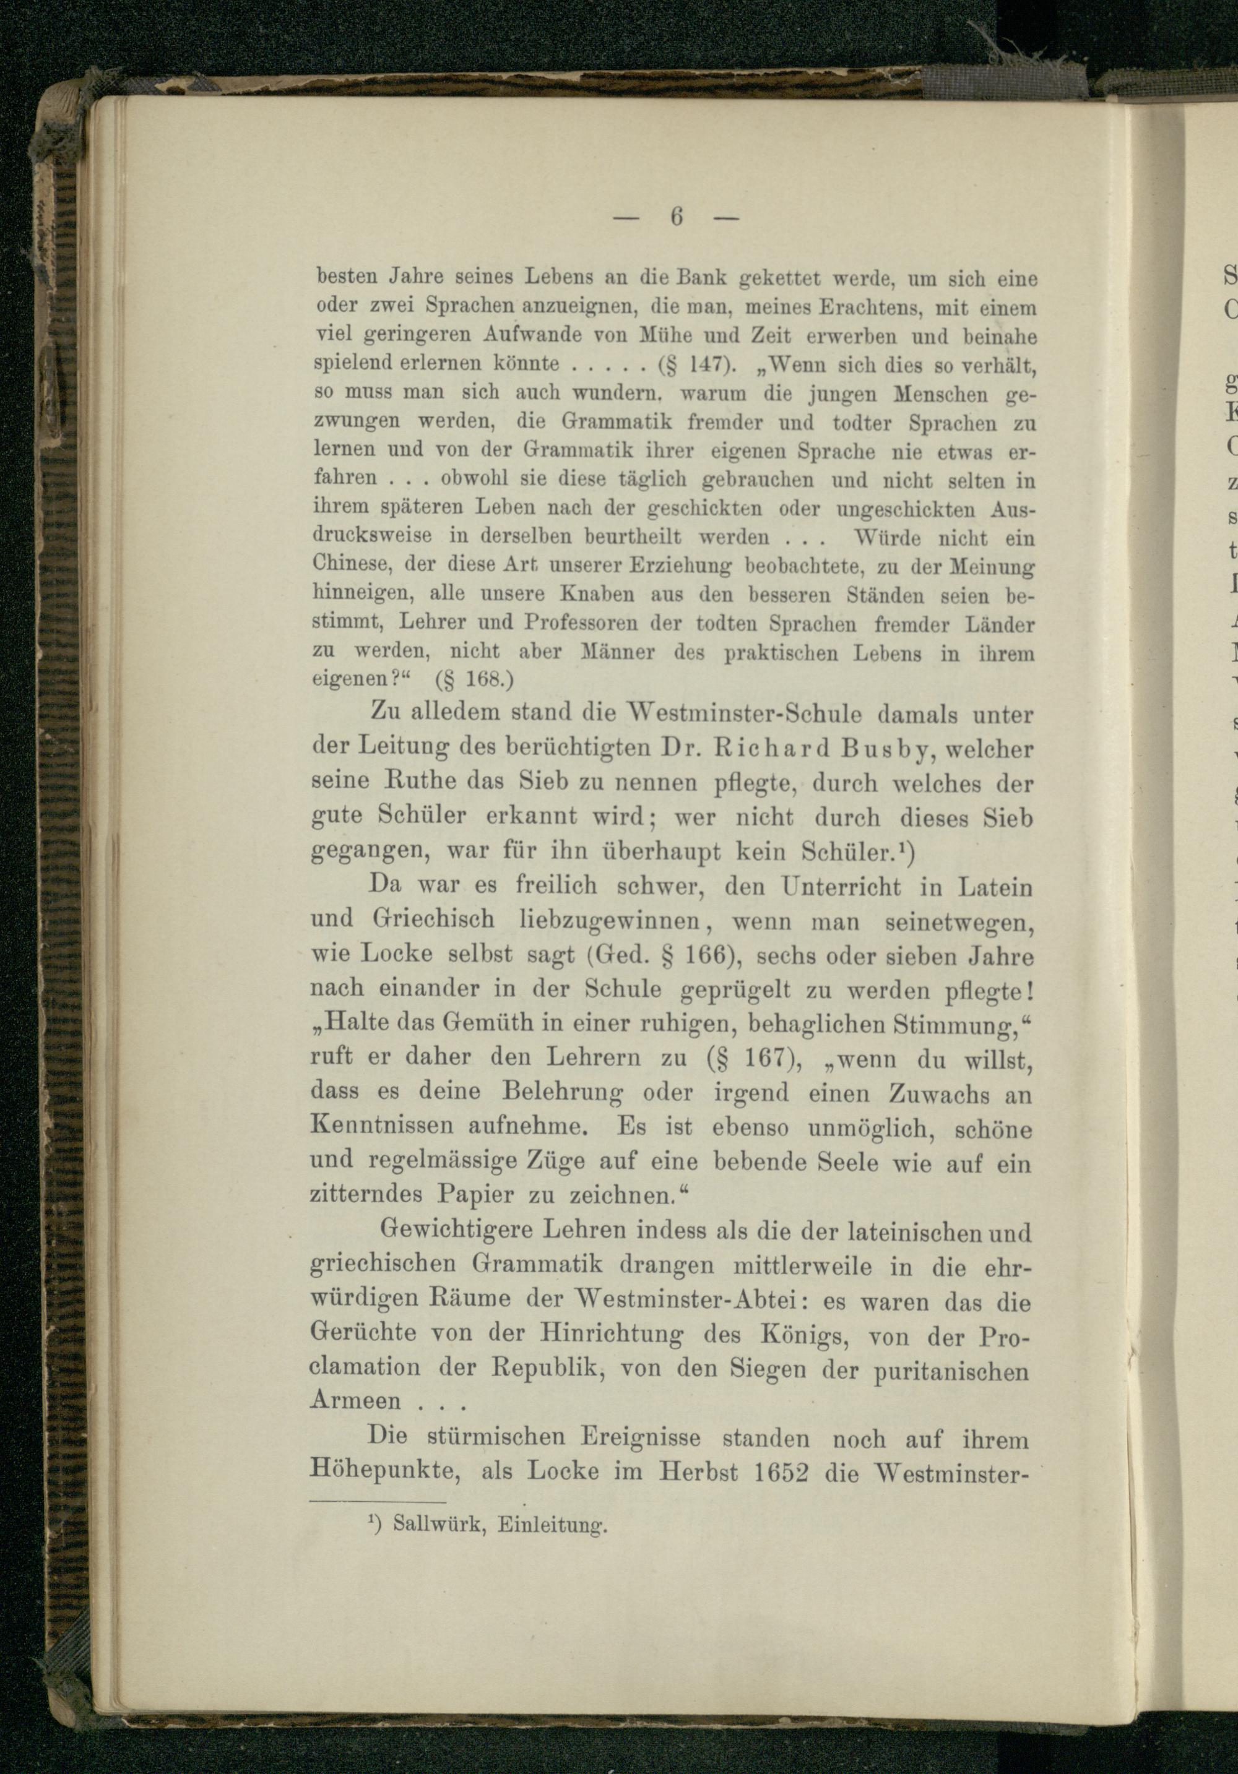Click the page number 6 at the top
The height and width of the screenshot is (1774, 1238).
[x=676, y=218]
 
